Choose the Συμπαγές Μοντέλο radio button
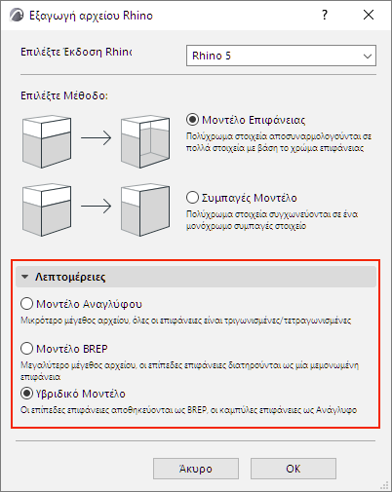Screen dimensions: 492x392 [191, 196]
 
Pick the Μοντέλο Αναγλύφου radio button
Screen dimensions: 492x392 [25, 303]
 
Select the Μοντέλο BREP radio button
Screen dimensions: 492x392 [25, 346]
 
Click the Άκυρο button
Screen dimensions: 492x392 [195, 468]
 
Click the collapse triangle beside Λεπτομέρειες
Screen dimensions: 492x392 [24, 277]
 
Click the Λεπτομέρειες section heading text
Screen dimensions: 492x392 [67, 277]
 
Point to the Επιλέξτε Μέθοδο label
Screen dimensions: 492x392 [61, 96]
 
